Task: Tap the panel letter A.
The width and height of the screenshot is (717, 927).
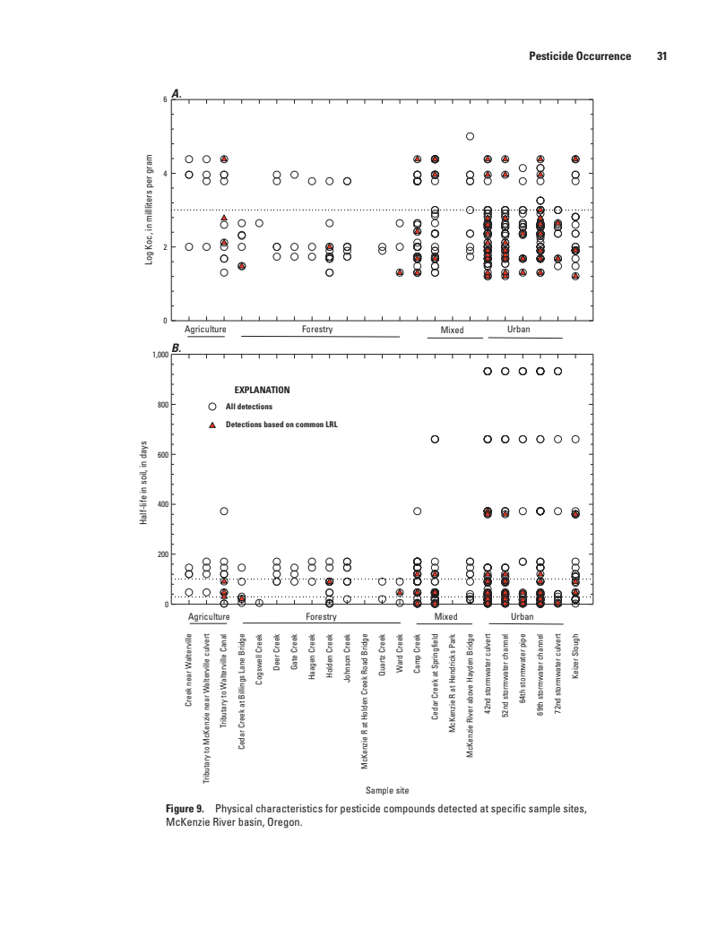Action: pyautogui.click(x=177, y=92)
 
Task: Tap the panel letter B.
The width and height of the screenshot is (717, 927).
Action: pyautogui.click(x=177, y=348)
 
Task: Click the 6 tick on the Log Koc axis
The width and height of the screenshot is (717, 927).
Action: pyautogui.click(x=164, y=99)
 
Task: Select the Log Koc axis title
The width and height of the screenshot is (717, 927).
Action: pyautogui.click(x=151, y=210)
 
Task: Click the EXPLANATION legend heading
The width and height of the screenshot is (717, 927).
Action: pyautogui.click(x=263, y=391)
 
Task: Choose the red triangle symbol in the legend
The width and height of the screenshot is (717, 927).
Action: pyautogui.click(x=213, y=425)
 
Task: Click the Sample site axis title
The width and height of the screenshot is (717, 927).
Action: pyautogui.click(x=386, y=789)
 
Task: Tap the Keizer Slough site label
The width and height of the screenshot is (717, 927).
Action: pyautogui.click(x=576, y=658)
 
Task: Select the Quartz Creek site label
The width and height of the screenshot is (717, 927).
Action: pyautogui.click(x=383, y=662)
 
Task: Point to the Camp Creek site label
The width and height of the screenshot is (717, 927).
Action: pyautogui.click(x=418, y=660)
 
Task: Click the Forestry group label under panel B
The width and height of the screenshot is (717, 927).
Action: pyautogui.click(x=320, y=617)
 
